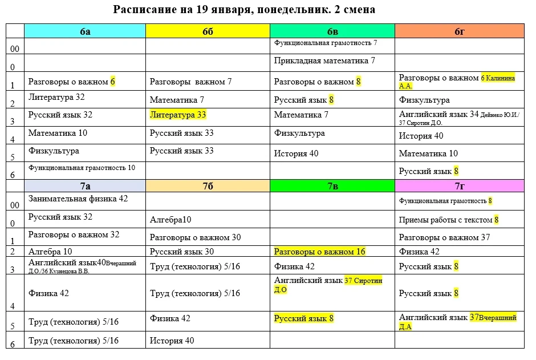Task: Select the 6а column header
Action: tap(85, 31)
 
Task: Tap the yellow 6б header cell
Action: tap(208, 31)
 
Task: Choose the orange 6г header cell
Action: tap(460, 31)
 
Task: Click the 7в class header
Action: tap(332, 185)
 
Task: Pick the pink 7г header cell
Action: tap(460, 185)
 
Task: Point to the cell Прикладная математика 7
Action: tap(324, 60)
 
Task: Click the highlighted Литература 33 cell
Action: tap(177, 115)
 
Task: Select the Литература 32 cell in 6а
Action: tap(56, 97)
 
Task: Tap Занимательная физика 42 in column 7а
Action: tap(78, 199)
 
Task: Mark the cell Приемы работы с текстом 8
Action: tap(449, 220)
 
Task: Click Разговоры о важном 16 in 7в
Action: tap(319, 252)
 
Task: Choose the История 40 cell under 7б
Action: tap(172, 341)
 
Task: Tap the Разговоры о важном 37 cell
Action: tap(444, 237)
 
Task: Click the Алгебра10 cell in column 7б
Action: tap(170, 220)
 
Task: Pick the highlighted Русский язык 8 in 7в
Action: tap(303, 319)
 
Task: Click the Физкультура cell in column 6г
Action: tap(424, 100)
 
